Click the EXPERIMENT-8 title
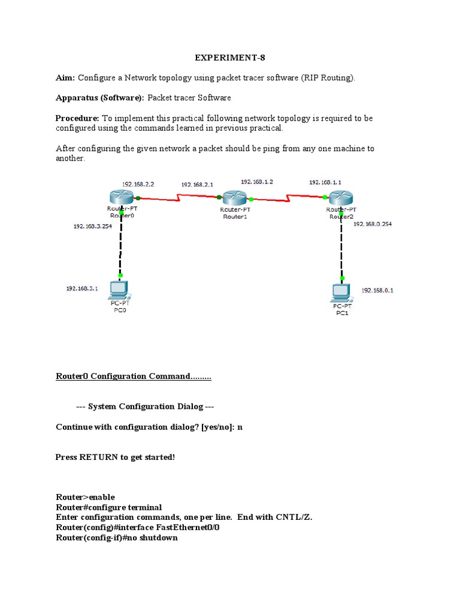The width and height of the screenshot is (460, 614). pos(229,58)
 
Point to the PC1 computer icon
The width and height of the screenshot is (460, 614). pos(341,292)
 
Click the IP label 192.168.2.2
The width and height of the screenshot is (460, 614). pos(138,185)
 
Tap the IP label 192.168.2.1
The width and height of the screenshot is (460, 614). pos(196,185)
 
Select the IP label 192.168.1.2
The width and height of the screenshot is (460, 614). pos(257,181)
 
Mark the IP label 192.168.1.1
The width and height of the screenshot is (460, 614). pos(325,181)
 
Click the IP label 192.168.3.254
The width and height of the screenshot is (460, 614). pos(93,226)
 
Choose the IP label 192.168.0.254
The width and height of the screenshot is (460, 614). pos(373,224)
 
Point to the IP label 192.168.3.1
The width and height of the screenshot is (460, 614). pos(82,288)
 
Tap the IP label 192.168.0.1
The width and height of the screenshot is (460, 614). pos(377,290)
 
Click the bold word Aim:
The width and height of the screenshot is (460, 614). pos(65,78)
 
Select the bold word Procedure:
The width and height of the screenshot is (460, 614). pos(77,118)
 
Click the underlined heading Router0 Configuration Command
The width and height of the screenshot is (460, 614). pos(133,377)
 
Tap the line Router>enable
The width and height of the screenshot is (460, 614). pos(85,497)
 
